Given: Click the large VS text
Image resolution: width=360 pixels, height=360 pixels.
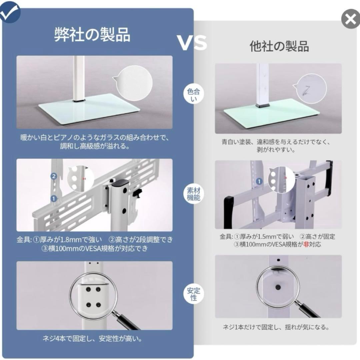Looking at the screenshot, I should click(x=192, y=43).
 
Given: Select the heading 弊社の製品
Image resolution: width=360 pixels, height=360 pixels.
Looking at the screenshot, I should click(x=92, y=34).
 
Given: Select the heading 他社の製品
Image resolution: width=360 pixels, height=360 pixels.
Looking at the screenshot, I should click(x=279, y=46).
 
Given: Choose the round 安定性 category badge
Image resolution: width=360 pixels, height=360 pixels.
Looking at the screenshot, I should click(x=193, y=293).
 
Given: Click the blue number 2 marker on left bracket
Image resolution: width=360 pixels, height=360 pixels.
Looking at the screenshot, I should click(x=53, y=176).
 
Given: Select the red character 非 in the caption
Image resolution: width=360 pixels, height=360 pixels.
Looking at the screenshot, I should click(x=305, y=244).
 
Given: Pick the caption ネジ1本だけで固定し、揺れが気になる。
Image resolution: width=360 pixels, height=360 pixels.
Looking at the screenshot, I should click(x=276, y=327).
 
